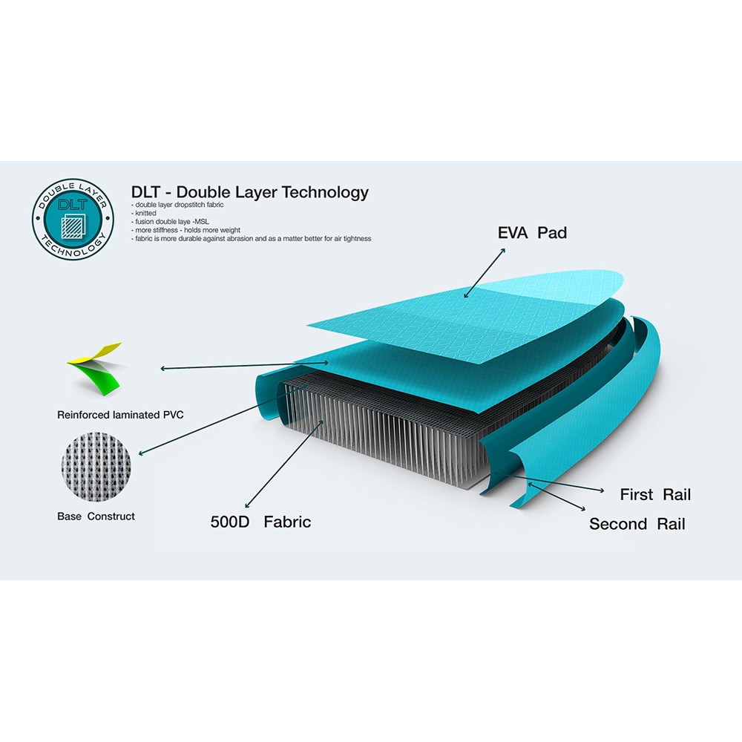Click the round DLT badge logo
click(73, 219)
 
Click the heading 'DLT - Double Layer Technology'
click(250, 192)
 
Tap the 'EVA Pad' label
click(532, 233)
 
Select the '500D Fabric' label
click(260, 522)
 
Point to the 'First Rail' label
click(655, 494)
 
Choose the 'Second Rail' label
click(637, 524)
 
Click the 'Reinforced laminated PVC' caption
click(120, 415)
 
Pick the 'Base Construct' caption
click(96, 516)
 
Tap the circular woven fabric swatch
click(96, 466)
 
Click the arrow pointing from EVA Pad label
click(485, 273)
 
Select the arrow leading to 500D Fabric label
click(284, 464)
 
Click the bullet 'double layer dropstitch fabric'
click(177, 205)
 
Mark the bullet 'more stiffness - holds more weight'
click(186, 230)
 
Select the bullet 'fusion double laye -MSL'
click(170, 221)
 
